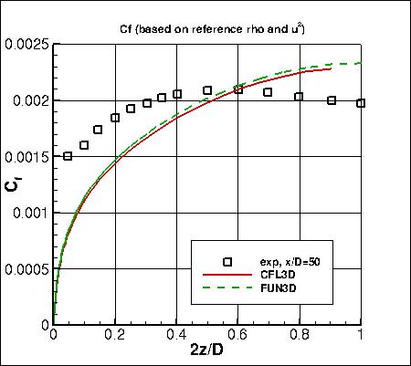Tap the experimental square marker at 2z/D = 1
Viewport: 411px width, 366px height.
(x=362, y=103)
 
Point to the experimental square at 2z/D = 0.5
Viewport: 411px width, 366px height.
(x=207, y=90)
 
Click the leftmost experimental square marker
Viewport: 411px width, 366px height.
(x=68, y=156)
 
